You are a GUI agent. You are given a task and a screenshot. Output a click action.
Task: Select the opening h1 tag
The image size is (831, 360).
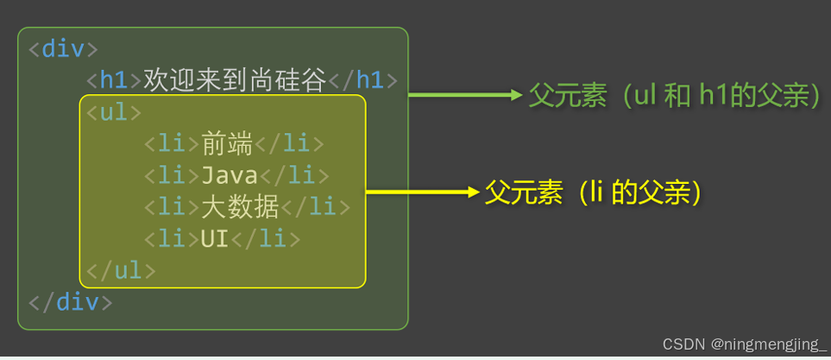(114, 81)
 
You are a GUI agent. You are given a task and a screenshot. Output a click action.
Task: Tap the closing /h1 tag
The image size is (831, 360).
(362, 81)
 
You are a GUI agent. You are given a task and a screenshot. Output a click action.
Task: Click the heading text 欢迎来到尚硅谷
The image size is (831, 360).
(235, 81)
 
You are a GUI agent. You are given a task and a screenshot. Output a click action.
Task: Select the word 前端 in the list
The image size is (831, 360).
(227, 144)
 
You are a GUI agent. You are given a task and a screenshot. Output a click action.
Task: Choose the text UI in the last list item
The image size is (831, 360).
(214, 239)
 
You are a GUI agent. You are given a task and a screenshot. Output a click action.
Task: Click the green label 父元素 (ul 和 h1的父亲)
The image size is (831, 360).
(674, 96)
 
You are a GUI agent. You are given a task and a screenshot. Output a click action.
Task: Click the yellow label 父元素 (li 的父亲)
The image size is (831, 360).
(591, 193)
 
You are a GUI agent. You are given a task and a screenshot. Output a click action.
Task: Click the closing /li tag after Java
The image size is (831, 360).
(294, 176)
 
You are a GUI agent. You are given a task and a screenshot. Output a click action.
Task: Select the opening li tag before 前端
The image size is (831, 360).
(171, 144)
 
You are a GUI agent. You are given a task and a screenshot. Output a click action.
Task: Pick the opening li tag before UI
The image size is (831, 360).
(171, 239)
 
